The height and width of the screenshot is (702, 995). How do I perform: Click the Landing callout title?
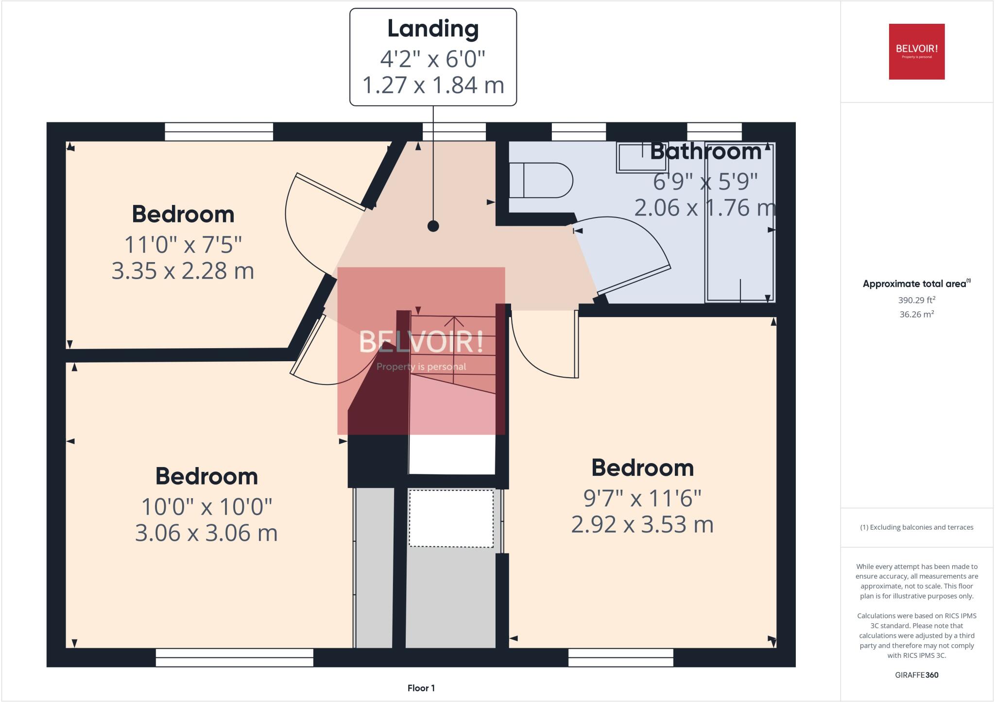pos(433,29)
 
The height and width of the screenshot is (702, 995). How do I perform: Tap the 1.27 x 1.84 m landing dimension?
pos(433,85)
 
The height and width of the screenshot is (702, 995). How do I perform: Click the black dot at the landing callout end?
pos(433,226)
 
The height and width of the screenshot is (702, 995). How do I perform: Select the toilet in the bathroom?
pos(540,180)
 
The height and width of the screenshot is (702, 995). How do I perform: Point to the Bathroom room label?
pos(705,151)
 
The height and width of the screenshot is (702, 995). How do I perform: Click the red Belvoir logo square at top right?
pos(916,51)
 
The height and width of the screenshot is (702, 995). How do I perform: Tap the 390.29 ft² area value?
pos(916,300)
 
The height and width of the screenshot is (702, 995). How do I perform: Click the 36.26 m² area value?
pos(916,314)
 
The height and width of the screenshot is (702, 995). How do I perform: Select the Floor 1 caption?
pos(421,688)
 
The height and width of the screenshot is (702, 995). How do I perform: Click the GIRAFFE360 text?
pos(916,675)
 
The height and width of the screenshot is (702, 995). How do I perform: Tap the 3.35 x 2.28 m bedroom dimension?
pos(183,271)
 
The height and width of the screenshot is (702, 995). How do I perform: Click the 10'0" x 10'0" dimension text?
pos(206,507)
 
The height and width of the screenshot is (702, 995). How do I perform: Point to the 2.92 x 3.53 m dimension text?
pos(642,524)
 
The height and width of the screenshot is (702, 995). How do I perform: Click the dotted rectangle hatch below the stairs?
pos(451,518)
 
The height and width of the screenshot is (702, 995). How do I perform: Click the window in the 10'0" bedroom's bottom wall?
pos(234,658)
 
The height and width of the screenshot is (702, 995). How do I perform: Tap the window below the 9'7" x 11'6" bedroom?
pos(620,658)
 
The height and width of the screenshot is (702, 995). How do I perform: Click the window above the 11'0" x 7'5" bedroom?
pos(219,132)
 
